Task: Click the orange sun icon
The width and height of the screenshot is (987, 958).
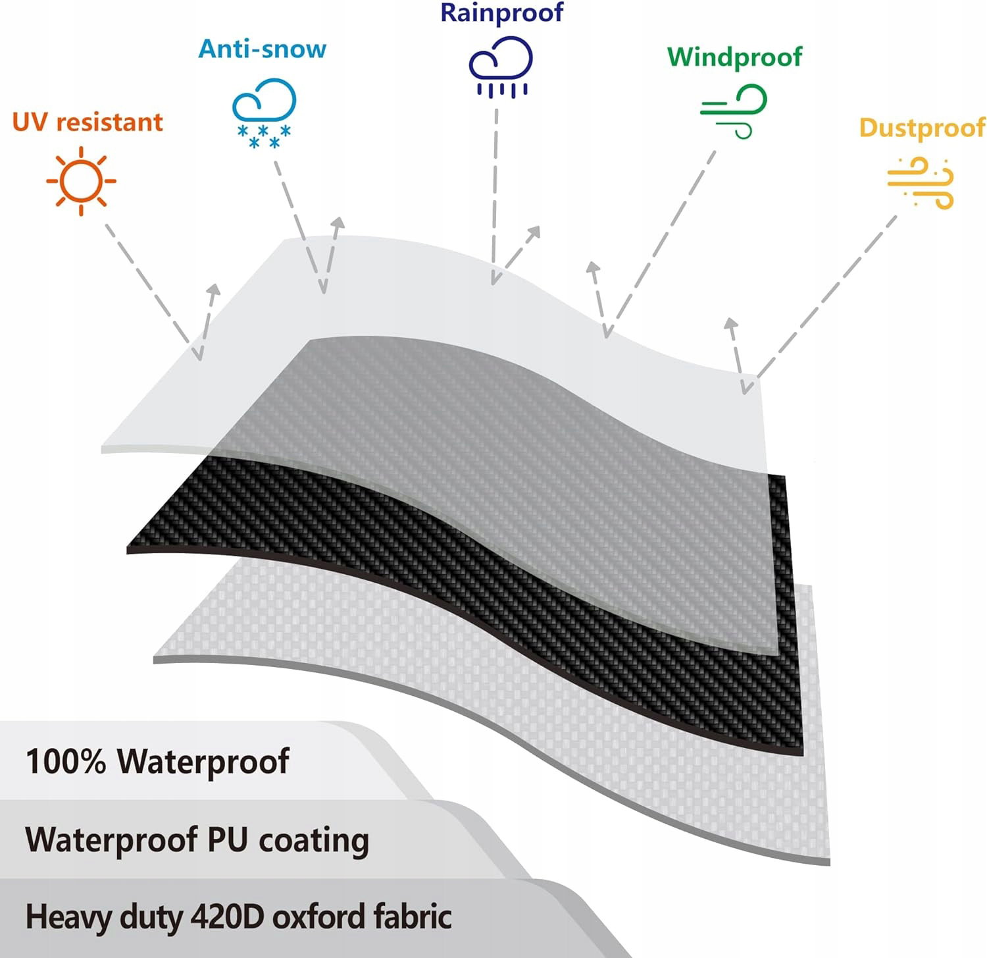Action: click(81, 181)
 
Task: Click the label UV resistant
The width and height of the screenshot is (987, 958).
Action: click(88, 122)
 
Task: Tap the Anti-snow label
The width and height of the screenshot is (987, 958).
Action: click(263, 49)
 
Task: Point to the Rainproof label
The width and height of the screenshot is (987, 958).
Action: click(502, 13)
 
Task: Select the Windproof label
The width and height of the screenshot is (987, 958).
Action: click(734, 57)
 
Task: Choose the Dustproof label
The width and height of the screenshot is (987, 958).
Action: click(922, 128)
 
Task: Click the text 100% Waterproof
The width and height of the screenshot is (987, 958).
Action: click(157, 761)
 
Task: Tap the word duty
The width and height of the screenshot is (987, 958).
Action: click(151, 918)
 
